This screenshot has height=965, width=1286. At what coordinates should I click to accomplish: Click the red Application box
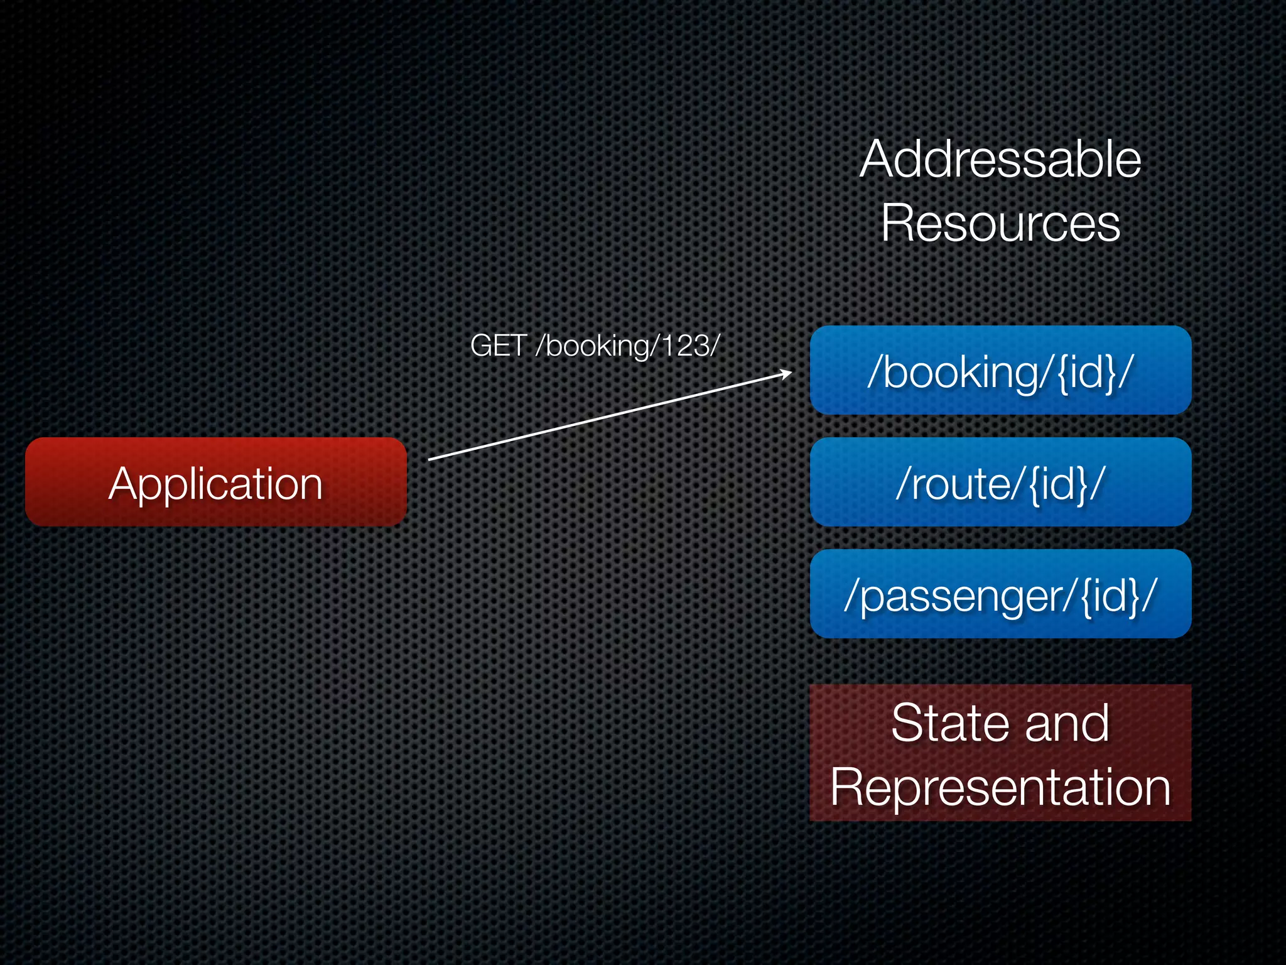pos(215,482)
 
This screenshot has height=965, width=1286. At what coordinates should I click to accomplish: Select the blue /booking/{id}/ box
pos(1000,370)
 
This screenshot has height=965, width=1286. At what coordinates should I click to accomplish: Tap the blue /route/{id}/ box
pos(1000,482)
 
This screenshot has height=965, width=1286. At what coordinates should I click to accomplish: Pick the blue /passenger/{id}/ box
pos(1000,594)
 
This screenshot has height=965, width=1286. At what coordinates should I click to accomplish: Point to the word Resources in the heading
pos(1000,223)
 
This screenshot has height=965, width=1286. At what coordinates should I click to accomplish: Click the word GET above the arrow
pos(498,346)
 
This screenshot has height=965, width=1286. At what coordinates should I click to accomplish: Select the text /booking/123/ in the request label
pos(627,346)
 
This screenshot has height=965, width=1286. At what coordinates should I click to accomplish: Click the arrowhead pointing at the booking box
pos(787,374)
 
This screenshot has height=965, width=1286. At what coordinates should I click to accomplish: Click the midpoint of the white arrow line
pos(610,417)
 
